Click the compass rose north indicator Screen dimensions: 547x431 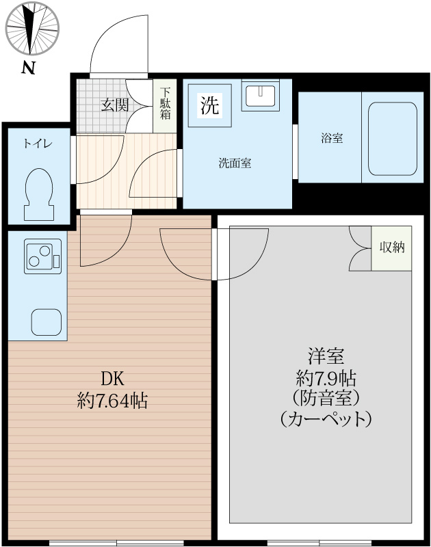click(32, 29)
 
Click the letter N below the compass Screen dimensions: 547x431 click(28, 68)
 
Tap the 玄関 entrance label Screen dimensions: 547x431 click(115, 105)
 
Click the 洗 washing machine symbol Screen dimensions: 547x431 click(209, 105)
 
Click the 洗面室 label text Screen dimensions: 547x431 click(235, 163)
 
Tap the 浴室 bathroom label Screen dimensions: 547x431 click(332, 138)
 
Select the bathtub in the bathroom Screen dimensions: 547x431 click(393, 138)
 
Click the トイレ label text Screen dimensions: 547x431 click(38, 144)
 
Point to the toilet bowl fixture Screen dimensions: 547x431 click(38, 191)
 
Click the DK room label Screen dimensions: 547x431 click(111, 378)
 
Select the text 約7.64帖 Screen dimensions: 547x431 click(112, 401)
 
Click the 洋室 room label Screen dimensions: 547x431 click(325, 356)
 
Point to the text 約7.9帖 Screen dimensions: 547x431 click(325, 377)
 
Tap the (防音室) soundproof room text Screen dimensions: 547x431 click(325, 397)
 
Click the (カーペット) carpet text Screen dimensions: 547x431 click(326, 418)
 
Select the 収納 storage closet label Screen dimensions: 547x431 click(392, 247)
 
